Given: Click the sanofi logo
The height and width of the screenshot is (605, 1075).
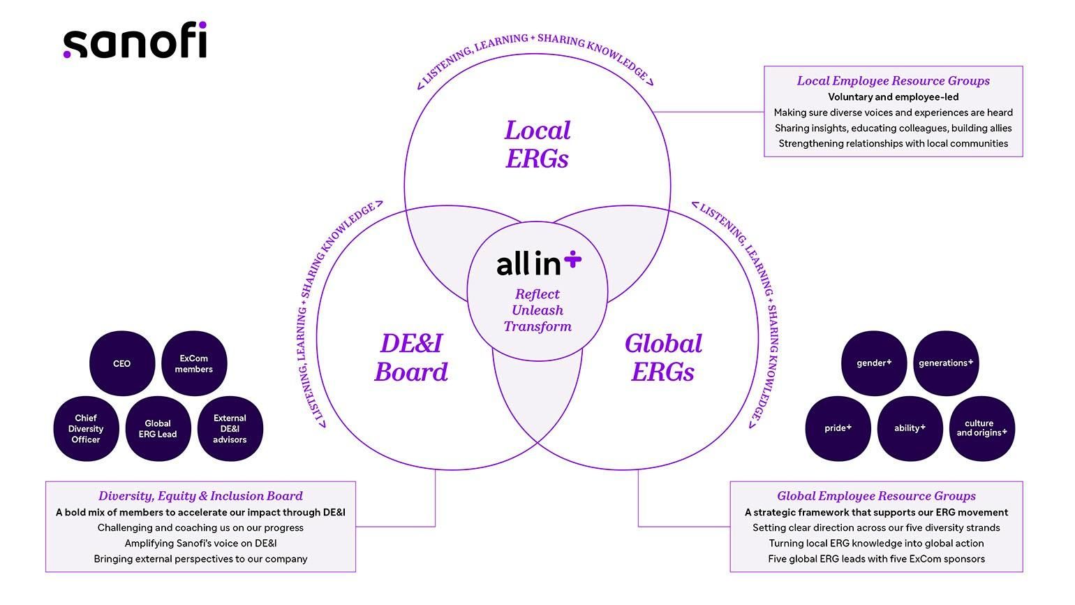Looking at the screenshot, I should point(135,41).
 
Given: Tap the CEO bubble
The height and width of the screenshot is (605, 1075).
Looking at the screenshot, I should point(122,363).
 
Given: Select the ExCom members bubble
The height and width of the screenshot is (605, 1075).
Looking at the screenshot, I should point(194,363).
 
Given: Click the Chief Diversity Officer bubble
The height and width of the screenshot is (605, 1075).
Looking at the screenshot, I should point(86,429).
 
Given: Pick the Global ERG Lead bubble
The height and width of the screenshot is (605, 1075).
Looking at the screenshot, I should point(158,429).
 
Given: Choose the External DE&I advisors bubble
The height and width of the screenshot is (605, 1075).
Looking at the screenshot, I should point(230,429).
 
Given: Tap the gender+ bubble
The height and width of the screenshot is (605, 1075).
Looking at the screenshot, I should point(874,363).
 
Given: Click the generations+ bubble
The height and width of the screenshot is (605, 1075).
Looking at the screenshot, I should point(946,363).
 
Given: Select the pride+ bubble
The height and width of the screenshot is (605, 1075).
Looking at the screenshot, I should point(838,428).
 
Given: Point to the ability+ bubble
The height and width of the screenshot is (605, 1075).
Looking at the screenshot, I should point(910,428).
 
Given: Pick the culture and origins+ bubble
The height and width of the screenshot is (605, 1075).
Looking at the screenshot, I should point(981,428).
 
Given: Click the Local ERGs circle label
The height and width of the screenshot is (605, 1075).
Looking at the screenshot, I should point(537,145).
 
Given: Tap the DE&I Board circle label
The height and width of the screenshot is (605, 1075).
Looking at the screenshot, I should point(411,358).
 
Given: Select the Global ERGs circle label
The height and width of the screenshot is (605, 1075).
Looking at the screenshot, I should point(663,358).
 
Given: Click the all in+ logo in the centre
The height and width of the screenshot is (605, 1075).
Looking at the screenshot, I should point(538,263).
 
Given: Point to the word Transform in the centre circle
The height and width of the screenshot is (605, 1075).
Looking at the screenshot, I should point(537,326).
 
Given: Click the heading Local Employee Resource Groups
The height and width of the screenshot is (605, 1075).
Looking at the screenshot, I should point(893,81).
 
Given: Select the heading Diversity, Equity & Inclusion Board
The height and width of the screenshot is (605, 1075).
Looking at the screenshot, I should point(200,496).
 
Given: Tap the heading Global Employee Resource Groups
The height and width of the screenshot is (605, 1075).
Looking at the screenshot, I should point(876,496).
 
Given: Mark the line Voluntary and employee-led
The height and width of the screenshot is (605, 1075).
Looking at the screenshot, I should point(893,97).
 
